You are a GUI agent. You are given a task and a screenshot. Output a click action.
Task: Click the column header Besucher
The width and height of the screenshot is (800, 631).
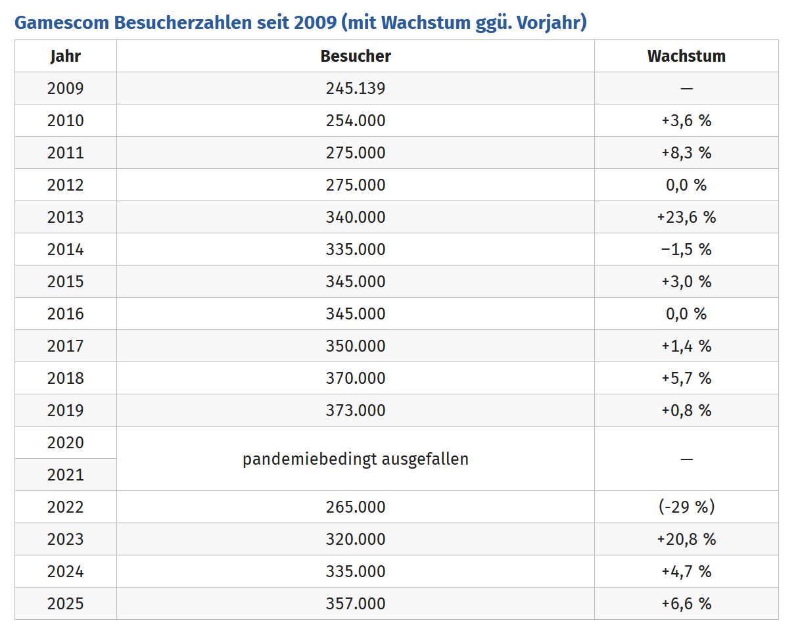(356, 56)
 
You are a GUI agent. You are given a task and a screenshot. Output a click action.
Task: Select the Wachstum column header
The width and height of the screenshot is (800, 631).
(686, 56)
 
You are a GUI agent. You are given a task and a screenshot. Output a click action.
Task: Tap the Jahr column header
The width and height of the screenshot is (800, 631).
(65, 56)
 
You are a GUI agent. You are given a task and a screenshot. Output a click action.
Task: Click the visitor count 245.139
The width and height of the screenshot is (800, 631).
(356, 88)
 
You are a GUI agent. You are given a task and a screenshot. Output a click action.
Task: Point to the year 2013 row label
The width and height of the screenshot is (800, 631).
(65, 217)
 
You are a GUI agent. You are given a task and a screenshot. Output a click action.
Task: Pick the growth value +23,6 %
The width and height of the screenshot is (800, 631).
(686, 217)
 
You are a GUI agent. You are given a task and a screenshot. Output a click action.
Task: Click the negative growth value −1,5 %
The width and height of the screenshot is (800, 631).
(686, 249)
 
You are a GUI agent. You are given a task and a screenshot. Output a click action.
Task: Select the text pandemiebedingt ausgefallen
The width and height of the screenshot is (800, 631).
(356, 459)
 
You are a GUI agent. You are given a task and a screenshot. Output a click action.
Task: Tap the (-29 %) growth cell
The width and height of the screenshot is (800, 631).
(686, 507)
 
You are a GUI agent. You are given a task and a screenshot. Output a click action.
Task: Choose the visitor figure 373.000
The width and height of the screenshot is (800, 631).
(356, 410)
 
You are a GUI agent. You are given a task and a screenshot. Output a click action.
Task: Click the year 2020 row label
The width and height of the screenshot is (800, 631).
(65, 442)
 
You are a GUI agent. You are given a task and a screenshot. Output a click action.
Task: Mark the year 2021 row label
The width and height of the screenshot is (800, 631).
(65, 475)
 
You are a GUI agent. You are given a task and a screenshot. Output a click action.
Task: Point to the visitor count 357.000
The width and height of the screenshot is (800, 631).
(356, 603)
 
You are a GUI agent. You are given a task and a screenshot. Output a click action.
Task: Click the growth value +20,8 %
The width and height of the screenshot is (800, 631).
(686, 539)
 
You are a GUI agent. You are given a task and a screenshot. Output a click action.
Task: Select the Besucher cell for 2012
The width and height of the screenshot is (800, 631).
(356, 185)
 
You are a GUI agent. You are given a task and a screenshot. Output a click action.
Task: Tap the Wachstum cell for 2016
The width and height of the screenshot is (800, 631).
(686, 314)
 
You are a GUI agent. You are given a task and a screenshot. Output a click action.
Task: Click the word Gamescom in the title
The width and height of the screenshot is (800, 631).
(62, 22)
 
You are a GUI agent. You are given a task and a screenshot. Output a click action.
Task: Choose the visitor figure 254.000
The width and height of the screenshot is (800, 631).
(356, 120)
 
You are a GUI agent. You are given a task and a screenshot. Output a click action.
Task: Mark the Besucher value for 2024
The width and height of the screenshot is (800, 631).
(356, 571)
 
